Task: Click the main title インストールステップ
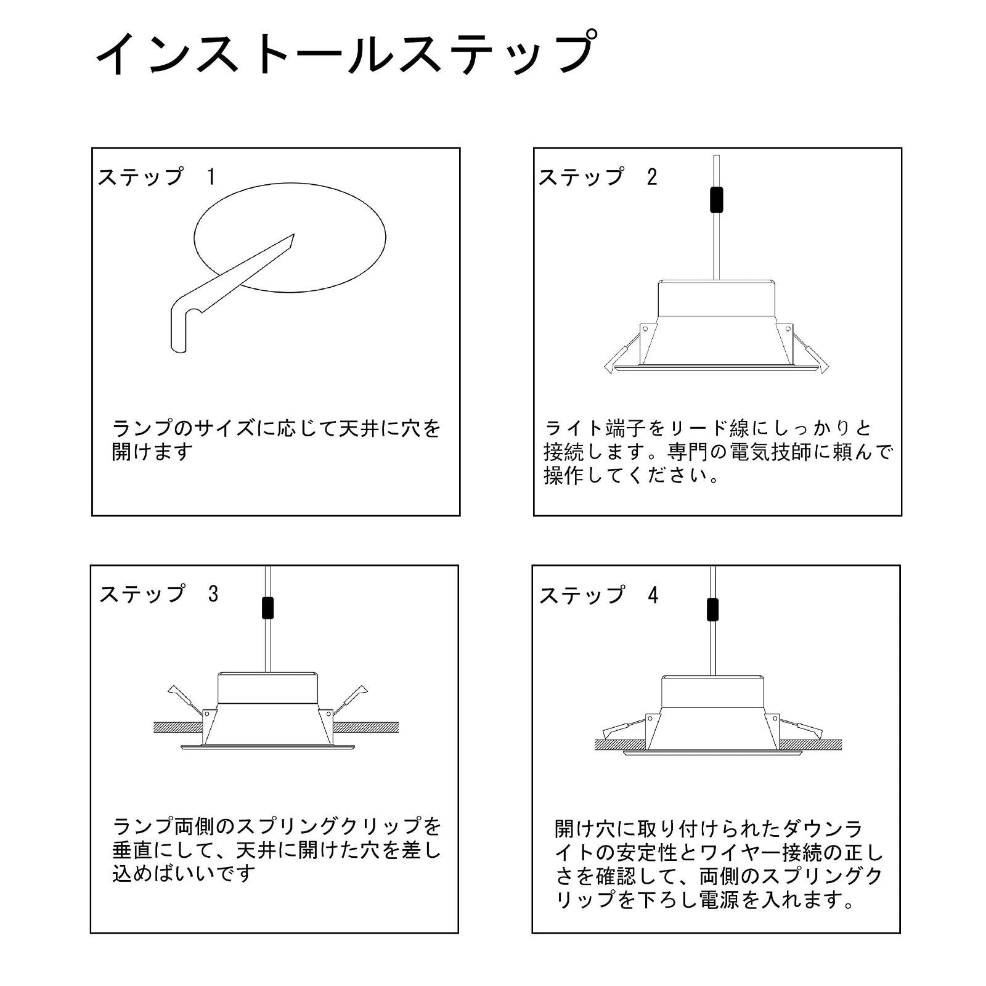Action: [x=346, y=54]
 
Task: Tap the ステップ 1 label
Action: [x=157, y=177]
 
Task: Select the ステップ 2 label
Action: [x=598, y=177]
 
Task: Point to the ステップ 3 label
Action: [x=159, y=593]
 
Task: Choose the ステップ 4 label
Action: [x=598, y=595]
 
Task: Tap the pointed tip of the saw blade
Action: [x=294, y=235]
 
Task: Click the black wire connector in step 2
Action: [x=715, y=200]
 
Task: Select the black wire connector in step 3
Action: [x=267, y=607]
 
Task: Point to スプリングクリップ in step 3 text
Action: [x=329, y=826]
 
